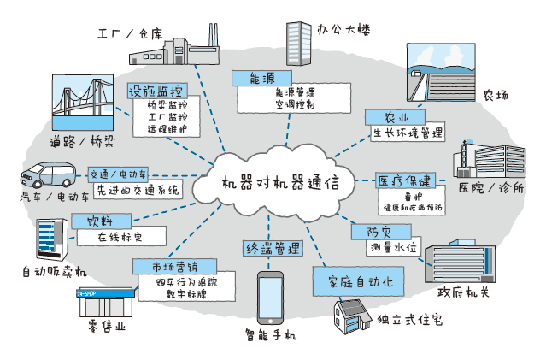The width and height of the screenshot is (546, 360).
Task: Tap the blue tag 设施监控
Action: pyautogui.click(x=155, y=91)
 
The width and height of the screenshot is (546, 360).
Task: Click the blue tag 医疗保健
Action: pyautogui.click(x=407, y=180)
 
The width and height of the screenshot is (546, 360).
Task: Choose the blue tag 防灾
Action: pyautogui.click(x=379, y=231)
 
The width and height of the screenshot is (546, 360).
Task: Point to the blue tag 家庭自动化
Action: pyautogui.click(x=352, y=280)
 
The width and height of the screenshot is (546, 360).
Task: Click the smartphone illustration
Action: pyautogui.click(x=271, y=297)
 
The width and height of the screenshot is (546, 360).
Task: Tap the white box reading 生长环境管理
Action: pyautogui.click(x=408, y=133)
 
